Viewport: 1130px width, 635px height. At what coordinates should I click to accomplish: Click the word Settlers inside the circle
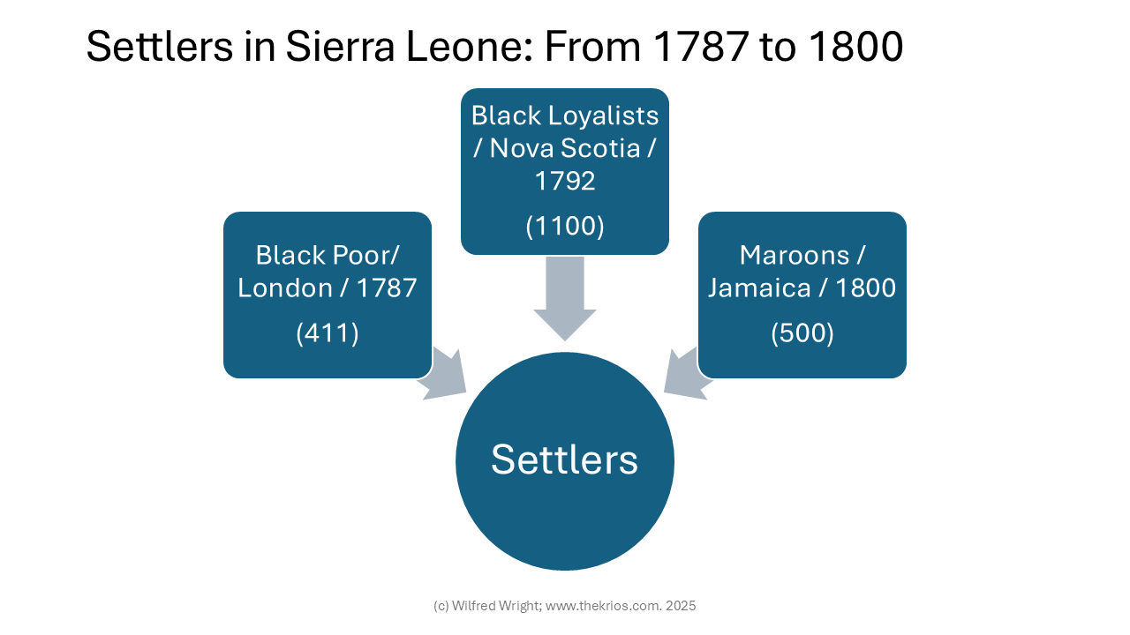pyautogui.click(x=564, y=459)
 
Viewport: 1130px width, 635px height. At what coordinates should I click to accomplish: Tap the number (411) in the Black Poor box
pyautogui.click(x=328, y=333)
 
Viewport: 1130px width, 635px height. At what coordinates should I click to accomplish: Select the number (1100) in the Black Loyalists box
pyautogui.click(x=565, y=226)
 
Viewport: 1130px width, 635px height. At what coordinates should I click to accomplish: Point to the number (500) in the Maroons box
pyautogui.click(x=802, y=333)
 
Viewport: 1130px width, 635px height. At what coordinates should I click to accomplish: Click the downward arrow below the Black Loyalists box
pyautogui.click(x=565, y=298)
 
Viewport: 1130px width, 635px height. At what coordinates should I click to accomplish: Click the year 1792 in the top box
pyautogui.click(x=565, y=181)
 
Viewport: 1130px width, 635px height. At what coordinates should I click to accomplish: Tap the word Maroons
pyautogui.click(x=794, y=256)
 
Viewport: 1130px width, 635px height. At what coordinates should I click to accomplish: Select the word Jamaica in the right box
pyautogui.click(x=758, y=288)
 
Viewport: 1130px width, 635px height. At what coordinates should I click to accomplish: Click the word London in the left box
pyautogui.click(x=285, y=288)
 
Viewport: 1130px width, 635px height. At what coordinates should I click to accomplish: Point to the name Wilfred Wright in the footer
pyautogui.click(x=496, y=606)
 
